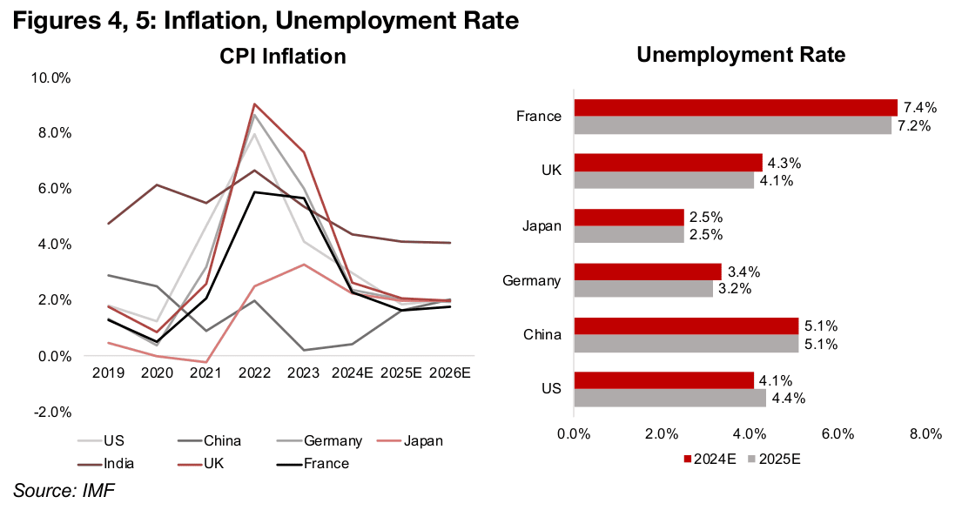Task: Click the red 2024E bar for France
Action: [x=736, y=107]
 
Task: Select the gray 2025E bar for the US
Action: [x=670, y=398]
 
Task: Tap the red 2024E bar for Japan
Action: [x=629, y=217]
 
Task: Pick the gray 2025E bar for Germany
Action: [x=643, y=289]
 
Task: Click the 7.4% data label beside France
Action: [x=919, y=108]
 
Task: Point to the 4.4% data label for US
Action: [x=788, y=399]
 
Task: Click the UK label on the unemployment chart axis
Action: [x=551, y=171]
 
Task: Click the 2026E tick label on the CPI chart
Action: [x=450, y=372]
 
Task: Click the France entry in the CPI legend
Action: [x=326, y=463]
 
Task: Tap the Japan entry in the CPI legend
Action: [x=423, y=440]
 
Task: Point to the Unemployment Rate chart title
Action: [x=741, y=55]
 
